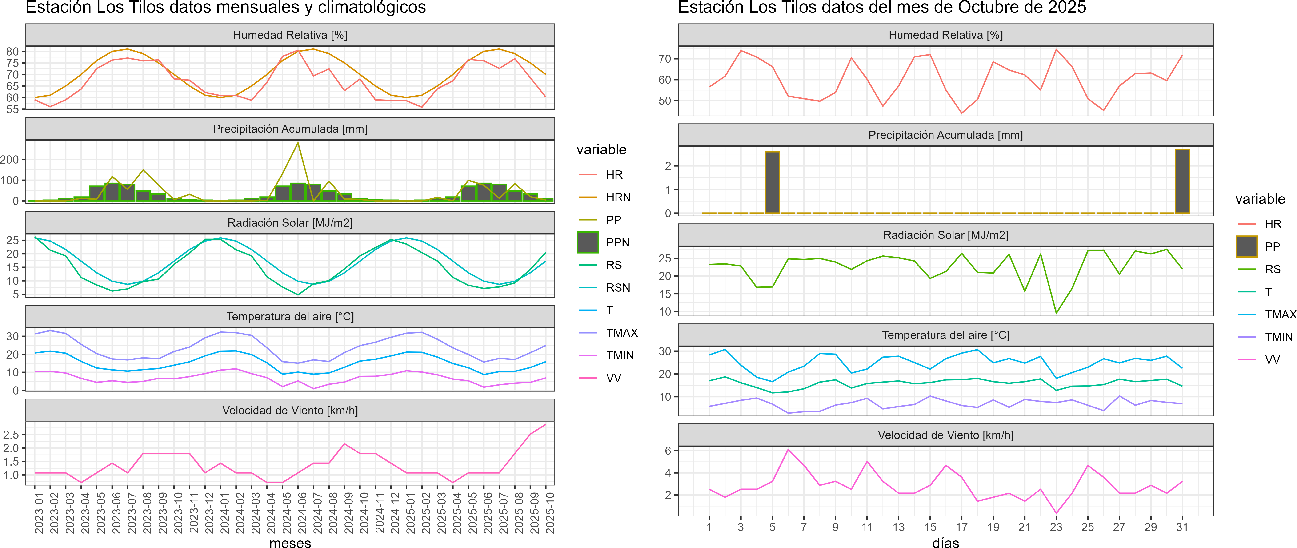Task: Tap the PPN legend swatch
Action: (x=588, y=242)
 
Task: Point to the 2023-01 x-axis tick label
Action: (x=39, y=513)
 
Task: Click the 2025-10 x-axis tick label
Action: (x=550, y=513)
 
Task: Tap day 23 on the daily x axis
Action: (x=1056, y=527)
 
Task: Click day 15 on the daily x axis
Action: (x=930, y=527)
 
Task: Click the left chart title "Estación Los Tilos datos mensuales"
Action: (x=226, y=8)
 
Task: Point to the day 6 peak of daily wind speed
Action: (x=788, y=449)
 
